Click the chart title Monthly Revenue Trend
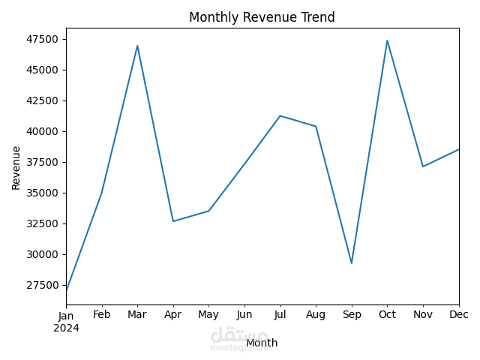(262, 17)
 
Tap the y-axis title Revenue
(16, 167)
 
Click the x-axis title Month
(262, 343)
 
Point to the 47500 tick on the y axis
(43, 39)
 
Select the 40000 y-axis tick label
(43, 131)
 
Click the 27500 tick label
(43, 285)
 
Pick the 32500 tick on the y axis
(43, 223)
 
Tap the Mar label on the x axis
(137, 315)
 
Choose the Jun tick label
(244, 315)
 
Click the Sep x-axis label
(352, 315)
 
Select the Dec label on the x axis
(458, 315)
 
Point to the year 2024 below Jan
(66, 328)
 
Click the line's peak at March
(137, 46)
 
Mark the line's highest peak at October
(387, 40)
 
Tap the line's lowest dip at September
(352, 262)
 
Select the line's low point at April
(173, 221)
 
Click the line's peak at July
(280, 115)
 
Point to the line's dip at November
(423, 166)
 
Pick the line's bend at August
(316, 126)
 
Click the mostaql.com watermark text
(239, 347)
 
